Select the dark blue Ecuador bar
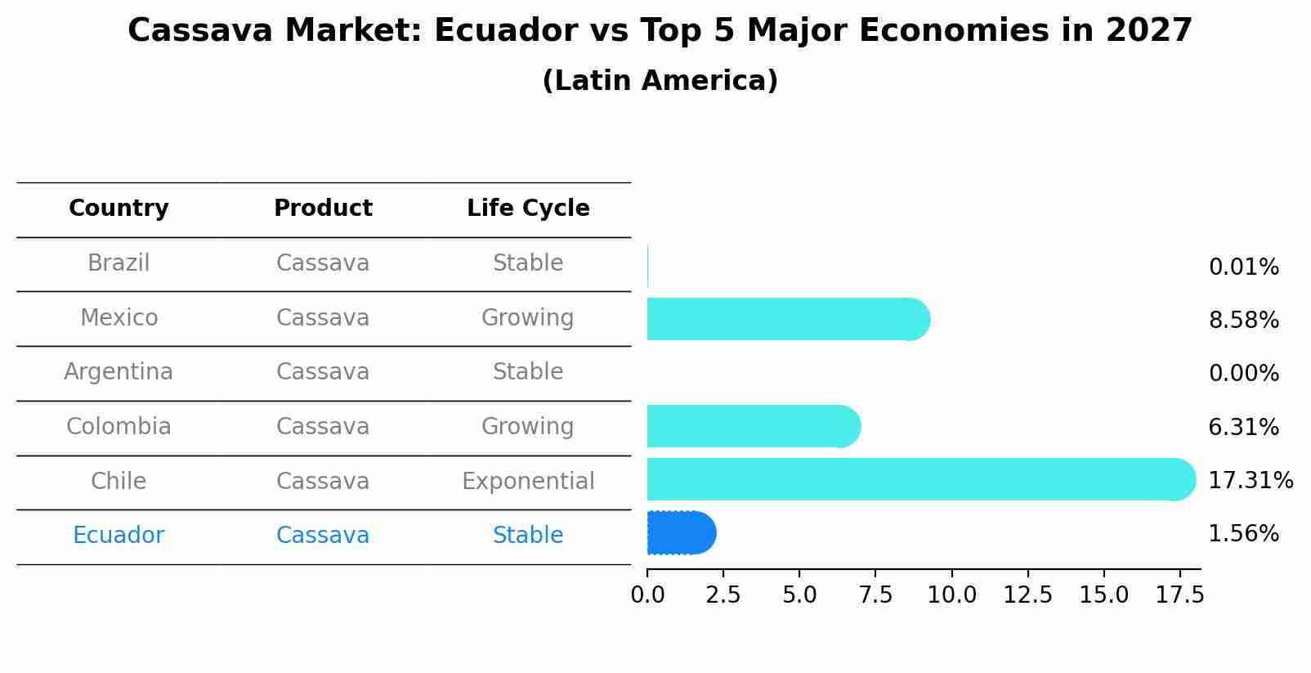click(680, 533)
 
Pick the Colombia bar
click(753, 426)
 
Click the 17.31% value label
click(1250, 480)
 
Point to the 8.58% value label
click(1243, 320)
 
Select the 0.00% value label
click(1243, 374)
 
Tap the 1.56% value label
click(1243, 534)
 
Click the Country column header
click(119, 209)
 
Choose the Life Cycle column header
click(528, 209)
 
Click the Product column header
click(323, 209)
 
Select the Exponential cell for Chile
click(528, 481)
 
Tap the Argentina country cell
click(119, 372)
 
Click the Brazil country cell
click(119, 263)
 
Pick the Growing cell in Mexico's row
click(528, 317)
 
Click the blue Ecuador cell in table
click(119, 536)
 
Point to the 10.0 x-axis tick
click(951, 595)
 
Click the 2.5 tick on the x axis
click(723, 595)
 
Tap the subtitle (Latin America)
click(660, 81)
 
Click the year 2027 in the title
click(1149, 31)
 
